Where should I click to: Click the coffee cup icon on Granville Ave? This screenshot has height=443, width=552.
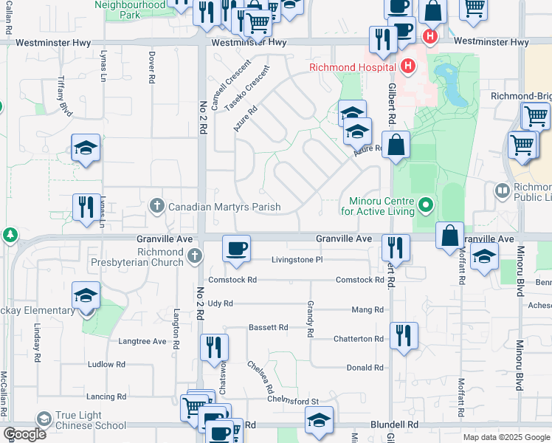[236, 250]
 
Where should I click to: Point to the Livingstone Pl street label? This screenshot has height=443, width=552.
[297, 260]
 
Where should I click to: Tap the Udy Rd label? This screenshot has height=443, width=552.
[220, 303]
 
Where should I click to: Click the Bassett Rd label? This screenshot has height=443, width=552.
[268, 327]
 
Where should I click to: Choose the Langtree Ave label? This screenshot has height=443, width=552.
[142, 341]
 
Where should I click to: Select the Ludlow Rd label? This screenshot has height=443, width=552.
[106, 365]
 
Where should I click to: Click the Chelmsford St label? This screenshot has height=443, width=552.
[292, 401]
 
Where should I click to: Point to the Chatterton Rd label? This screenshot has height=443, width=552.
[359, 339]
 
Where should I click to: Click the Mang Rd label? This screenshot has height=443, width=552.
[368, 310]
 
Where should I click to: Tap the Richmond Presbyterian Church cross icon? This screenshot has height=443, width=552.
[193, 255]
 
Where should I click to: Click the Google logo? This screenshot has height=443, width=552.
[25, 434]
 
